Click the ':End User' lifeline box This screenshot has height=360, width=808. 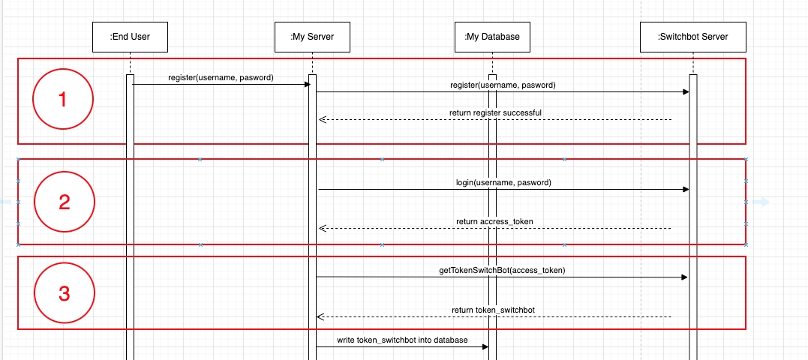coord(130,37)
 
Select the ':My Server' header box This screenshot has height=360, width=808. coord(312,37)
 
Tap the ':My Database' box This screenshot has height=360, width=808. coord(492,37)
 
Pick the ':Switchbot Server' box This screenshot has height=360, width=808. coord(693,37)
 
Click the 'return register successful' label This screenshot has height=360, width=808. coord(495,112)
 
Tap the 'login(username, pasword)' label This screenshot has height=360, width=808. coord(503,182)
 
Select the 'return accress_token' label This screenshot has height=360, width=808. coord(494,221)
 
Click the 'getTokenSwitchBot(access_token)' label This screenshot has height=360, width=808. coord(502,270)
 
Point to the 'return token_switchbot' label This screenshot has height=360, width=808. coord(493,310)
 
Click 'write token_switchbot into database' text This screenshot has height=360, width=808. coord(402,340)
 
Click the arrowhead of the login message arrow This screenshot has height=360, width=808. coord(686,190)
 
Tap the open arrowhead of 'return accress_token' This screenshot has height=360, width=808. coord(323,228)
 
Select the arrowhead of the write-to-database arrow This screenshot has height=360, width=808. coord(485,347)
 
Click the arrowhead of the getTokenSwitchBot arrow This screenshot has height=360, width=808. coord(685,277)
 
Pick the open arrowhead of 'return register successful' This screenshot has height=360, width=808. coord(323,119)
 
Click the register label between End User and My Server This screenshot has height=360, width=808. coord(221,77)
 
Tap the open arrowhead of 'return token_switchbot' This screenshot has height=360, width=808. coord(320,316)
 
